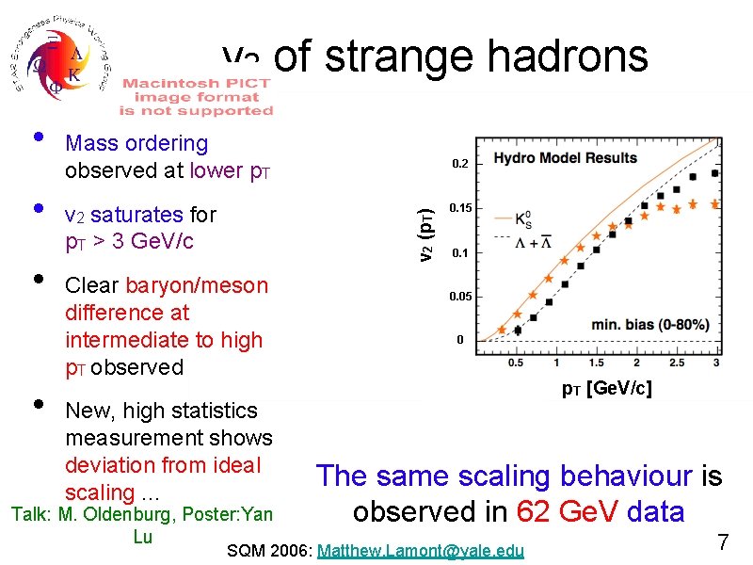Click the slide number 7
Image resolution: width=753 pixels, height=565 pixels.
(x=723, y=541)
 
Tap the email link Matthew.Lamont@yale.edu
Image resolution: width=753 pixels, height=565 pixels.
(x=421, y=550)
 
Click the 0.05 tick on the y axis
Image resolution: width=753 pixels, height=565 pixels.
(x=460, y=297)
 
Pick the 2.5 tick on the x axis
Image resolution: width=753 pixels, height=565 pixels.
(x=677, y=363)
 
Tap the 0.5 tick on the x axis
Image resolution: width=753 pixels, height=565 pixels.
(x=516, y=363)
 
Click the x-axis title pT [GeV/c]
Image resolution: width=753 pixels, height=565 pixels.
(x=606, y=388)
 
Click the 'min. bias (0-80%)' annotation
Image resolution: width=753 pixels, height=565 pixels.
(x=649, y=325)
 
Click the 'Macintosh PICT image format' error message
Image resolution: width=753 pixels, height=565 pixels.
(x=196, y=97)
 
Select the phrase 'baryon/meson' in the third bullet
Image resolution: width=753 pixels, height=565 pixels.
(x=197, y=285)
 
